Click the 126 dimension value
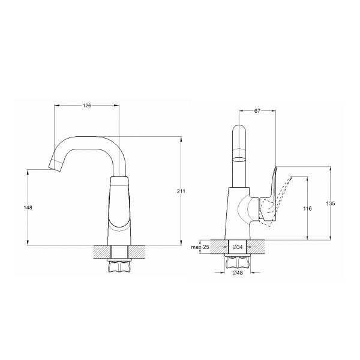(87, 106)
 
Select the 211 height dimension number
(181, 191)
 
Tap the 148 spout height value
(28, 208)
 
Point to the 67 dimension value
(257, 111)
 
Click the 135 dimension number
(331, 203)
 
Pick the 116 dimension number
(307, 209)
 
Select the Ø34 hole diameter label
(238, 247)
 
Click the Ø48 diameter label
(238, 273)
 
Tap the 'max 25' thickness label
(200, 247)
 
